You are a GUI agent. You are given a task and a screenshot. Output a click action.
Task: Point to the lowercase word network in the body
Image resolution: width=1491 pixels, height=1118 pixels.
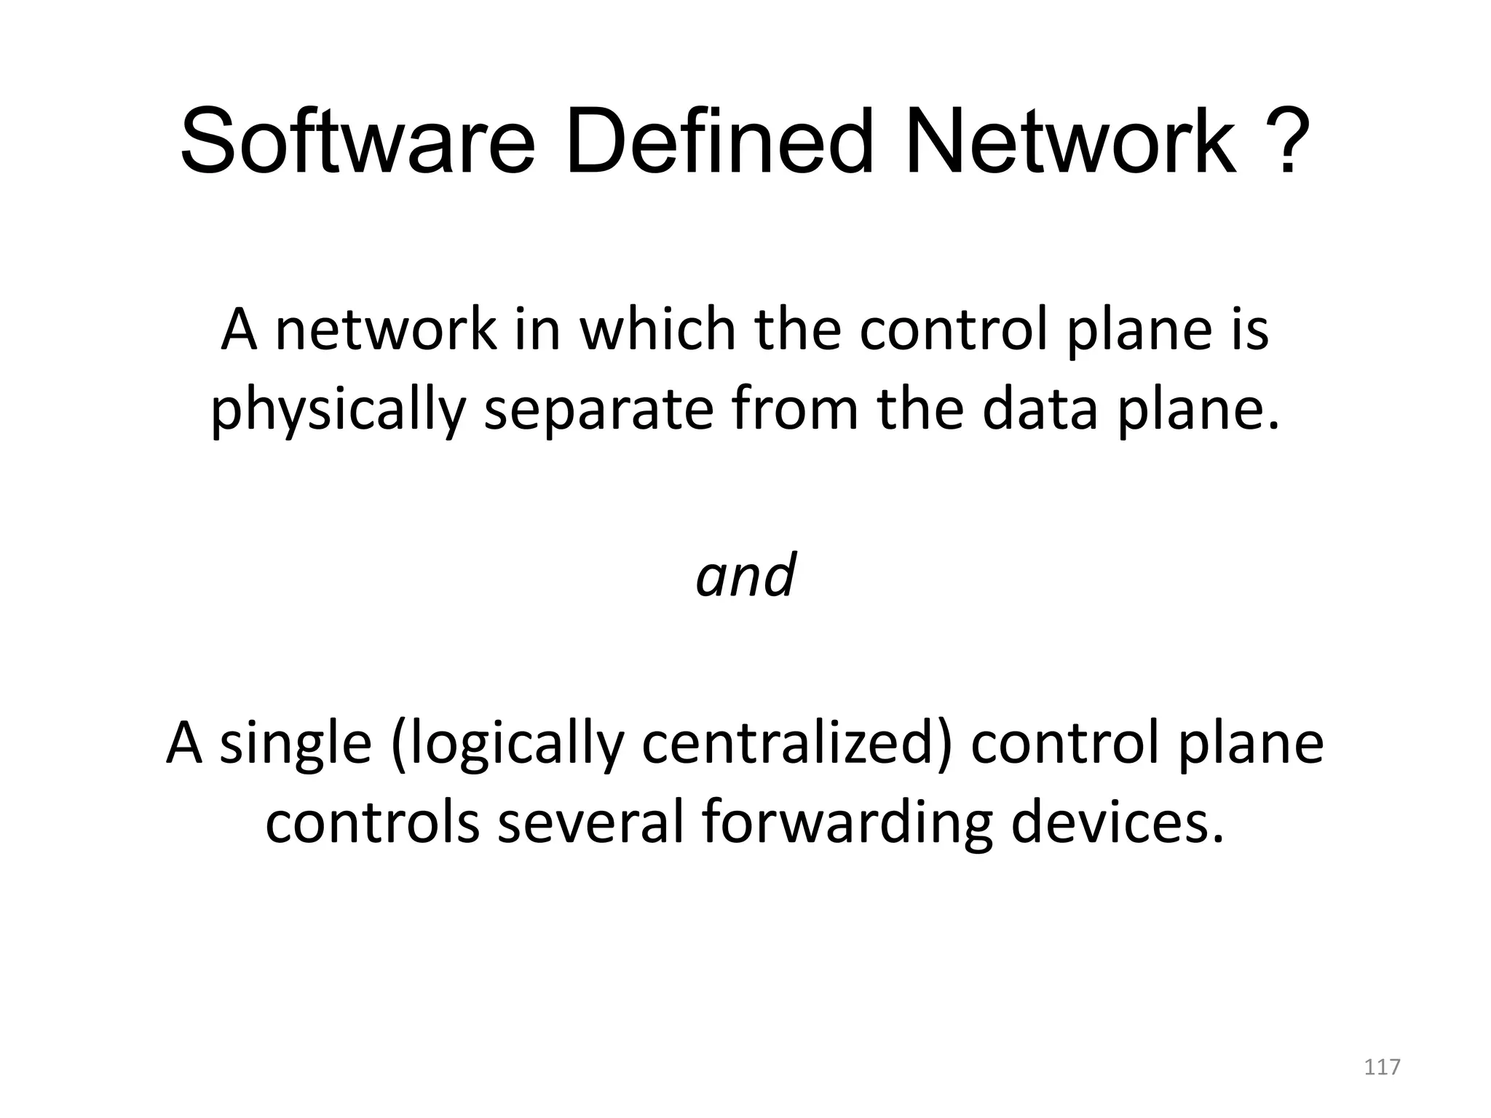point(386,329)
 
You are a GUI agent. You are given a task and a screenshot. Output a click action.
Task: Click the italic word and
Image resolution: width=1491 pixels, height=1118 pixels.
point(745,575)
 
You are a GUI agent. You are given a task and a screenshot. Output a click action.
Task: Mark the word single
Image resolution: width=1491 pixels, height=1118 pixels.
point(295,744)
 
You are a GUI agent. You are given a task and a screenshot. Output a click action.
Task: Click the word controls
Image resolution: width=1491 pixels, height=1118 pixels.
point(371,823)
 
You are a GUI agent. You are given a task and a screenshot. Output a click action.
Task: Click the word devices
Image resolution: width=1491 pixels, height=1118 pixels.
point(1118,823)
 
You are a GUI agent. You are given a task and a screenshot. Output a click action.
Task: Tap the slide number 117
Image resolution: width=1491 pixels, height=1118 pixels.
point(1381,1068)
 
